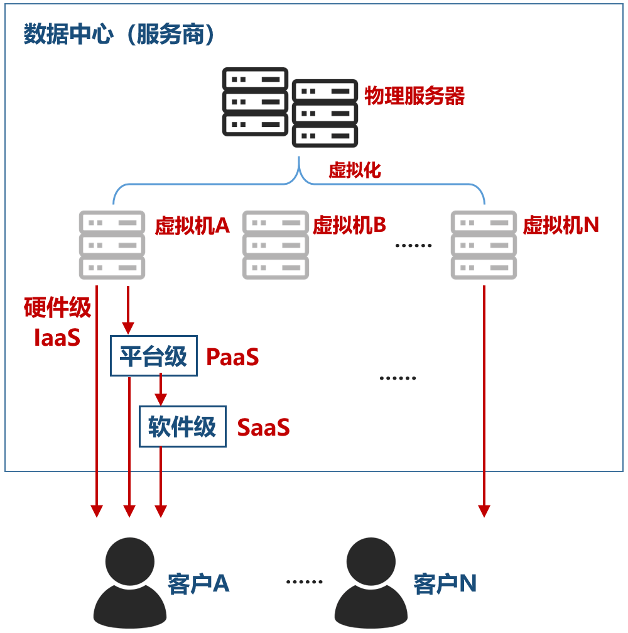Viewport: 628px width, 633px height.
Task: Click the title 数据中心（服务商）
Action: [x=119, y=35]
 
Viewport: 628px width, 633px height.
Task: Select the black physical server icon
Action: [x=290, y=107]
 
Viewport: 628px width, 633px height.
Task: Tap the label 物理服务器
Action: [x=414, y=96]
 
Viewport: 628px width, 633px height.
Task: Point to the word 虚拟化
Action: [x=355, y=170]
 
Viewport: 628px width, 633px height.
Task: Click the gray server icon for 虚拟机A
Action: [x=112, y=245]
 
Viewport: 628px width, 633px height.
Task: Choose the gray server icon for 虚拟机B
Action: [x=276, y=245]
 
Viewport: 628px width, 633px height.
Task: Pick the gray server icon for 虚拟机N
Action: [x=484, y=245]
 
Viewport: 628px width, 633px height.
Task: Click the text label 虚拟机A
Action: [x=192, y=226]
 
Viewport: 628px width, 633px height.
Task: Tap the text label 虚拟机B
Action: [x=349, y=224]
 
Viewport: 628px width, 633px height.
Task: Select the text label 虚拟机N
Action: [x=561, y=224]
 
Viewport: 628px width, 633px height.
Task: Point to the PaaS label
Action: [x=232, y=358]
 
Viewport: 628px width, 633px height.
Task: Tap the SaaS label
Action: [x=263, y=428]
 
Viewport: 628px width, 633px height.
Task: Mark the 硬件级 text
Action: [x=57, y=308]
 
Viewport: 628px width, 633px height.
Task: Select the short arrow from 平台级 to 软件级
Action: [x=161, y=390]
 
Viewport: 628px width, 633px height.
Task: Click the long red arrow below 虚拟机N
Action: [x=484, y=402]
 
